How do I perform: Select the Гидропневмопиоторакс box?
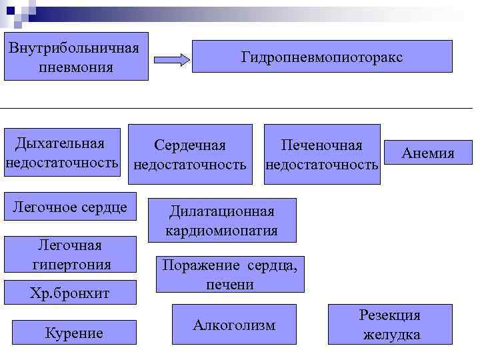(x=321, y=57)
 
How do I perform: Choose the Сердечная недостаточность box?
(x=190, y=154)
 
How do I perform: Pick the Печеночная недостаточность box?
(x=322, y=154)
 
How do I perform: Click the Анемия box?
(x=428, y=154)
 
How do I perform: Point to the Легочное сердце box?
(x=70, y=207)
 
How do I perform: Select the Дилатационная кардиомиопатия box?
(x=222, y=221)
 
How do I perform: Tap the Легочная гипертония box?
(x=70, y=254)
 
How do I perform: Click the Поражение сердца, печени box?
(x=230, y=274)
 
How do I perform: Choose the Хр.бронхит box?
(x=70, y=293)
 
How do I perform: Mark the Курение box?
(x=74, y=332)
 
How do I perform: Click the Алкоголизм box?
(x=234, y=325)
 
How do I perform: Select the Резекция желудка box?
(x=390, y=325)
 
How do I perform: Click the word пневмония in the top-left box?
(x=75, y=67)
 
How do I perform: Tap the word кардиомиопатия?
(x=222, y=231)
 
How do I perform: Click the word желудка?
(x=391, y=334)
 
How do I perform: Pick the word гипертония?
(x=71, y=264)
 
